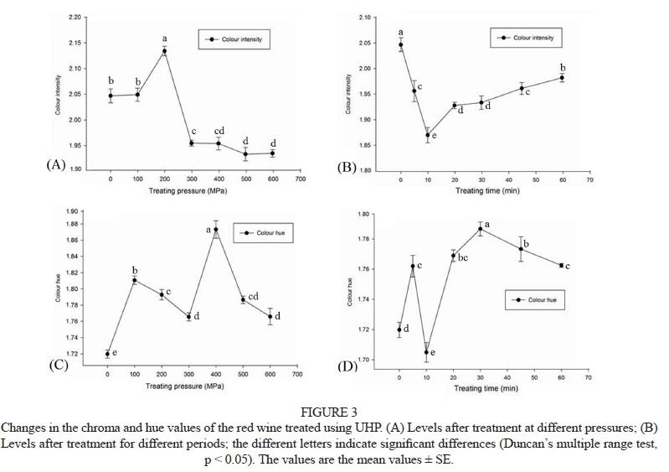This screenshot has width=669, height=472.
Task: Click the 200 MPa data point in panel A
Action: pyautogui.click(x=164, y=51)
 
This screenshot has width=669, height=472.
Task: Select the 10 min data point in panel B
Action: pyautogui.click(x=427, y=135)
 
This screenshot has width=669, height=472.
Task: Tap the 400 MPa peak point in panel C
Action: pyautogui.click(x=216, y=230)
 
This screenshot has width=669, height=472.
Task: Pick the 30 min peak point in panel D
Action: pyautogui.click(x=480, y=228)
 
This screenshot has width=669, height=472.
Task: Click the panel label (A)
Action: pyautogui.click(x=56, y=164)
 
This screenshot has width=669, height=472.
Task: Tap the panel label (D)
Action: pyautogui.click(x=347, y=366)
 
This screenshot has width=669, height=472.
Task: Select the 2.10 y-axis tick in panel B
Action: pyautogui.click(x=364, y=18)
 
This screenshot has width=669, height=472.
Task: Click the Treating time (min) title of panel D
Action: pyautogui.click(x=486, y=388)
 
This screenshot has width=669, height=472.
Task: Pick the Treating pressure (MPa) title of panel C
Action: pyautogui.click(x=185, y=386)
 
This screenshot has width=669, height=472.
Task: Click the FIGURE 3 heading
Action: pyautogui.click(x=334, y=412)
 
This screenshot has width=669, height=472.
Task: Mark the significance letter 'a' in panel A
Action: pyautogui.click(x=164, y=38)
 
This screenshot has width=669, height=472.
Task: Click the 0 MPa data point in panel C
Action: pyautogui.click(x=107, y=354)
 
